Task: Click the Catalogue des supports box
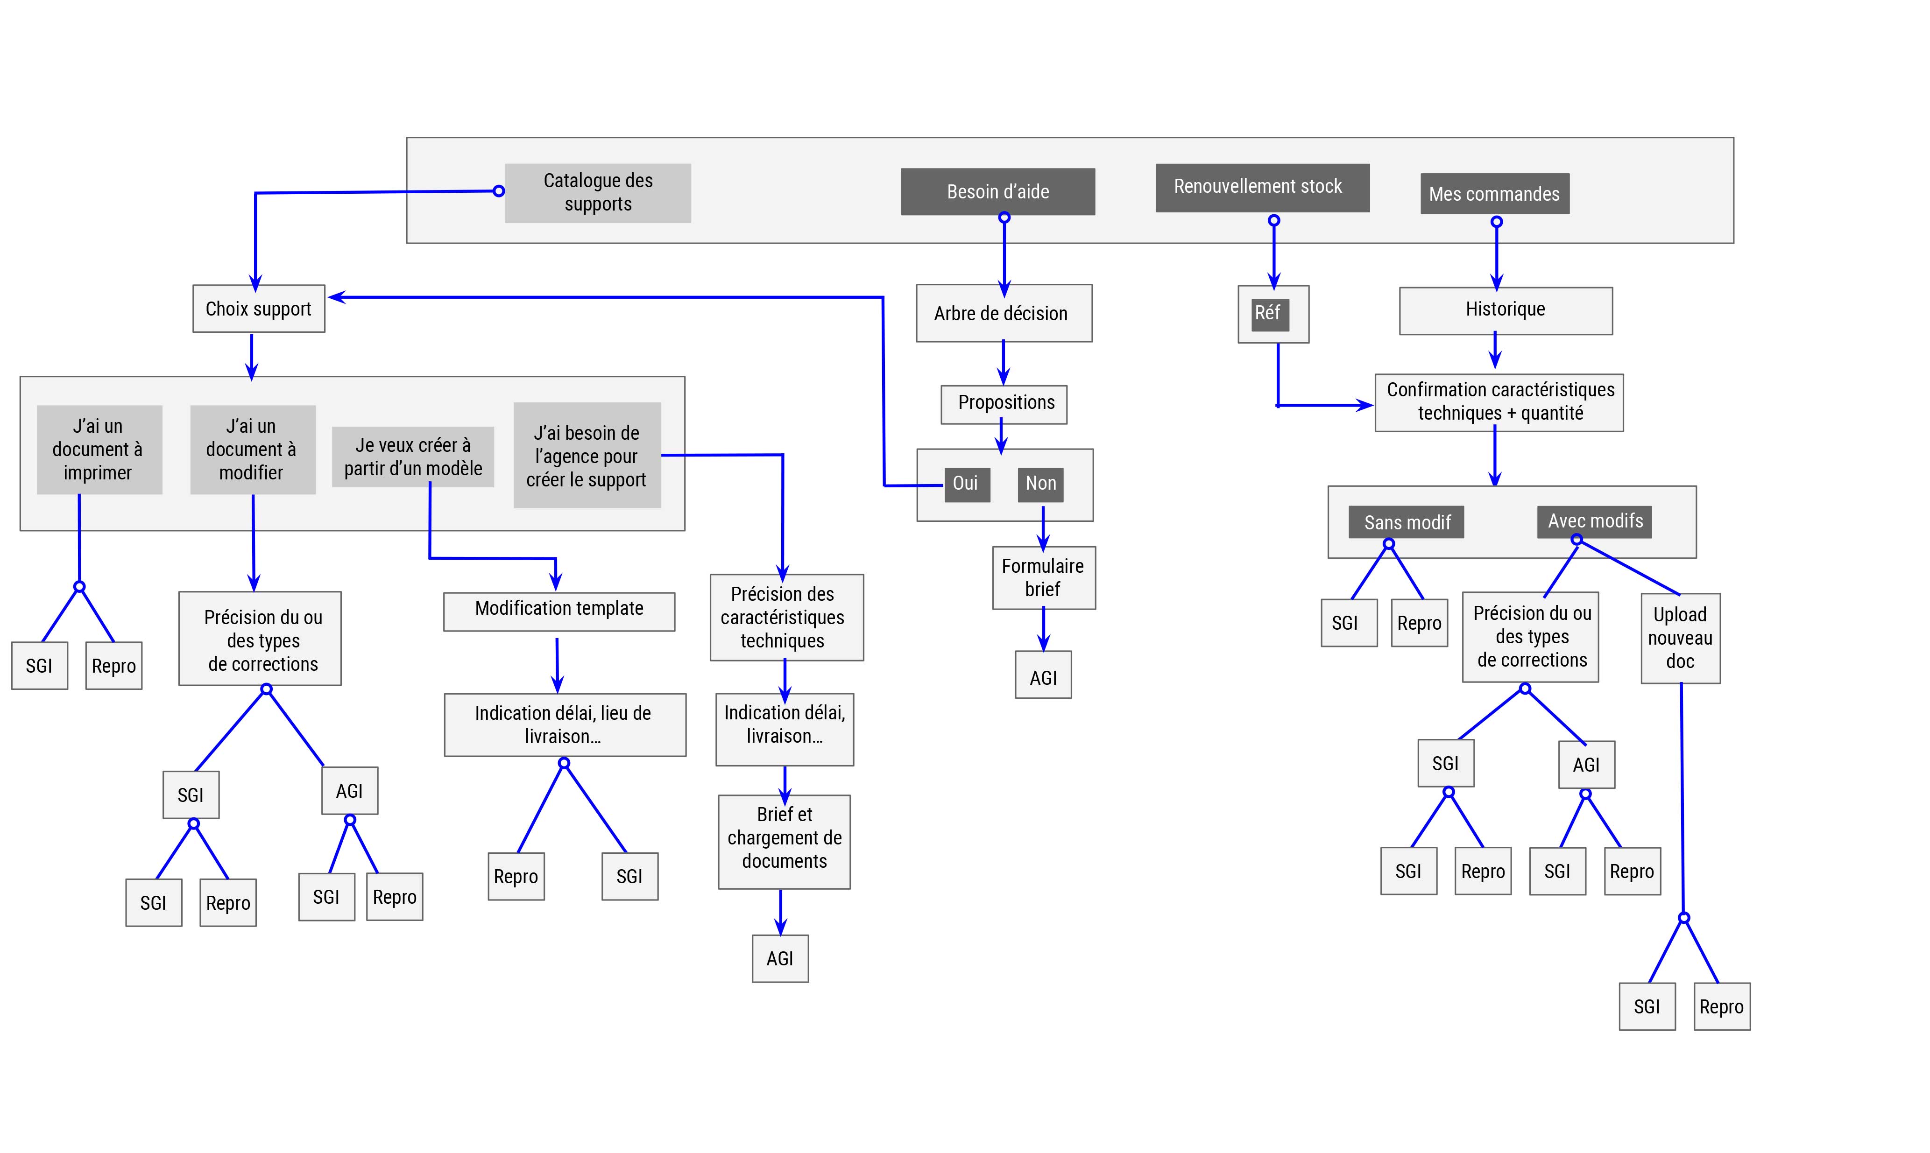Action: pyautogui.click(x=598, y=193)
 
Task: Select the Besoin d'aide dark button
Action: pyautogui.click(x=998, y=191)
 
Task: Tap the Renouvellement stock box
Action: pyautogui.click(x=1262, y=187)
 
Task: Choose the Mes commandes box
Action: pyautogui.click(x=1495, y=193)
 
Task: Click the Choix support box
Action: pyautogui.click(x=259, y=309)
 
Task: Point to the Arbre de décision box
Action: pyautogui.click(x=1004, y=313)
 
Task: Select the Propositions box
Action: pyautogui.click(x=1004, y=404)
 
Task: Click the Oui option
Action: pyautogui.click(x=967, y=484)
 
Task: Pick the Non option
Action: pyautogui.click(x=1041, y=484)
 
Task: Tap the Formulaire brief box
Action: pyautogui.click(x=1044, y=578)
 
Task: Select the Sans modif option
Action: pyautogui.click(x=1407, y=522)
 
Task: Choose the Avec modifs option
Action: pyautogui.click(x=1595, y=521)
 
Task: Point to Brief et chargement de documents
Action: pyautogui.click(x=784, y=842)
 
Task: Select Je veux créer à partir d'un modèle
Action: pyautogui.click(x=413, y=457)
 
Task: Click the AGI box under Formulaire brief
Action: pyautogui.click(x=1043, y=675)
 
